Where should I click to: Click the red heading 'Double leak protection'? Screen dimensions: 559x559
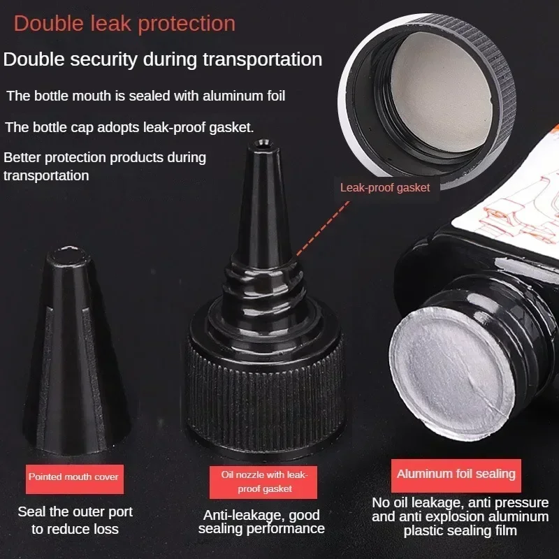124,24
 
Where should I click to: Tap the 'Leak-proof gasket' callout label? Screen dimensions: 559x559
385,187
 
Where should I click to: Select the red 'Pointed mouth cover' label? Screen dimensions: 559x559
73,477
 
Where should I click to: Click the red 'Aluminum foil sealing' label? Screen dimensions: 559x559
456,474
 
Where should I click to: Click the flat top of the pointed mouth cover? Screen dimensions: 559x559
68,255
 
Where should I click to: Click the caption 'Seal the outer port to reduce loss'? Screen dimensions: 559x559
75,521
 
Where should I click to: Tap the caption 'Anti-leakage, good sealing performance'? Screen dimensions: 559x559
261,522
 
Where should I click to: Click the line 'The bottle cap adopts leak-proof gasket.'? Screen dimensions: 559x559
129,127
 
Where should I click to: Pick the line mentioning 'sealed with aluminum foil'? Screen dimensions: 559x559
146,96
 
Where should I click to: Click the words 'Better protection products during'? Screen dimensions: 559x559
105,157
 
